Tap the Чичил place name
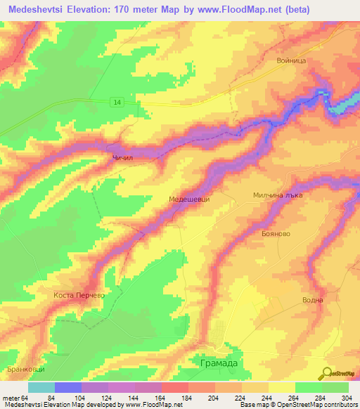coord(122,159)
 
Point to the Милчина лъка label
coord(278,196)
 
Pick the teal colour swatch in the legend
coord(41,387)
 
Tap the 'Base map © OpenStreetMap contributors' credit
coord(296,405)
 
